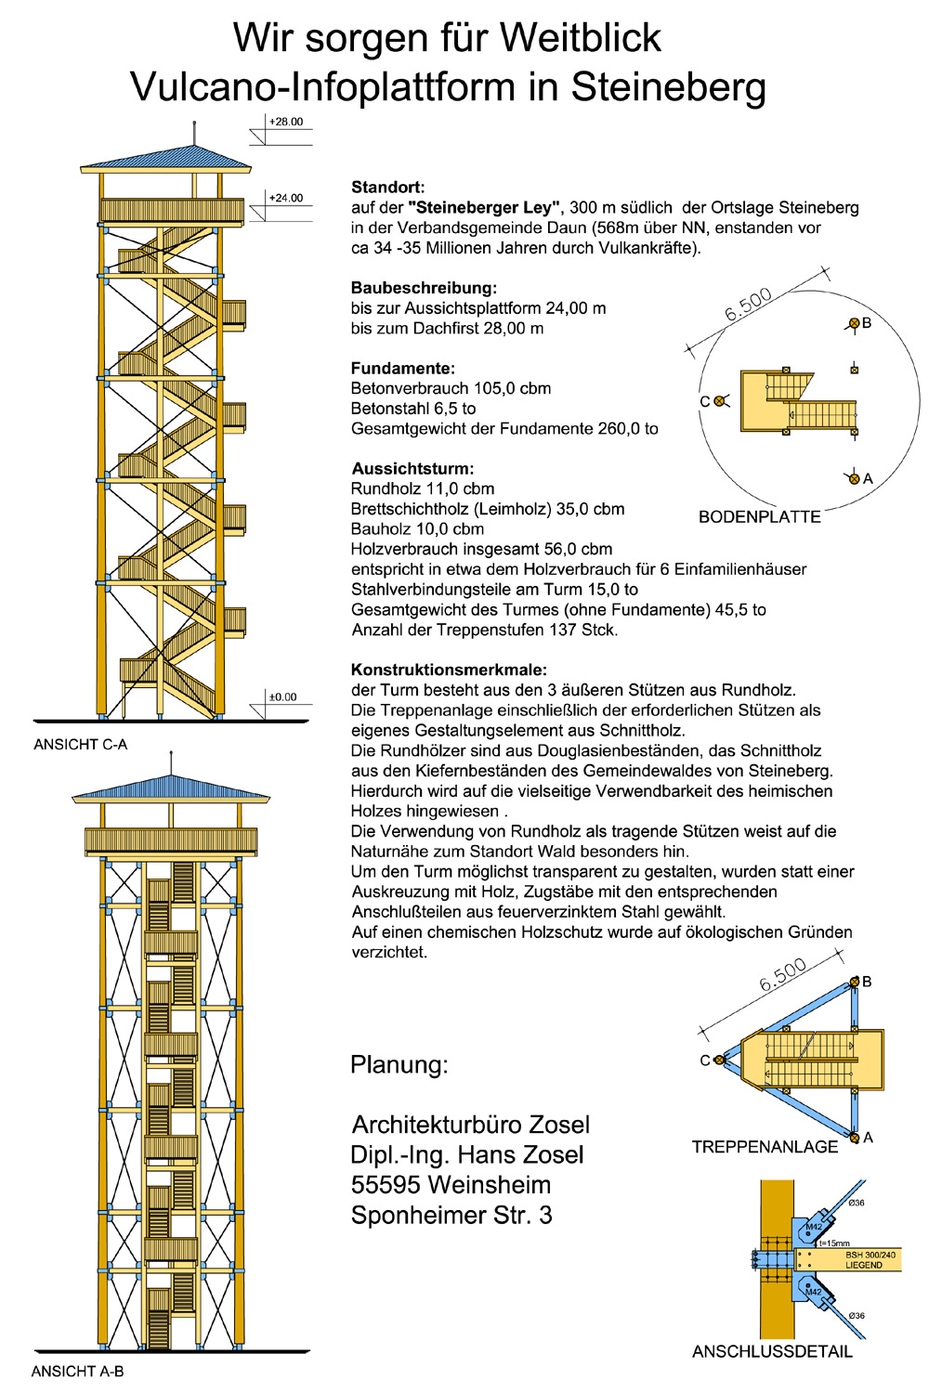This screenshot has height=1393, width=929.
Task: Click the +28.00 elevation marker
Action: click(285, 122)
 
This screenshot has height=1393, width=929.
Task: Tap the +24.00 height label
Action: click(285, 198)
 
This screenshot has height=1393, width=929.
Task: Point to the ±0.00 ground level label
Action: click(282, 696)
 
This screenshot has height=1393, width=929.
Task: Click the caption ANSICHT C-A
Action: click(80, 744)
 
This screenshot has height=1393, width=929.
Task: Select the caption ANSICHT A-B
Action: click(77, 1371)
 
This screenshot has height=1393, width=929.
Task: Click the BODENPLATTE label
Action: click(759, 517)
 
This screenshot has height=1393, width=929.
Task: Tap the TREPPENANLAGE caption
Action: click(765, 1147)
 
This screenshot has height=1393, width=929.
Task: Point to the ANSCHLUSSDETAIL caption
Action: click(772, 1351)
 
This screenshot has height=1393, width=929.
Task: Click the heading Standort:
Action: click(387, 188)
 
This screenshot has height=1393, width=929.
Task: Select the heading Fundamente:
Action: click(402, 369)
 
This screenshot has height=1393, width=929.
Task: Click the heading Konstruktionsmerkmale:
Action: click(449, 670)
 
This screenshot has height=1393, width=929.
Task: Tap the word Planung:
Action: click(399, 1064)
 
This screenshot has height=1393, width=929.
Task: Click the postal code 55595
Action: click(385, 1185)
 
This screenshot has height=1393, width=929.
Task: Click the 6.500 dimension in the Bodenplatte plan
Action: click(748, 305)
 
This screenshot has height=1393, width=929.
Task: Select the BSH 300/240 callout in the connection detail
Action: click(870, 1255)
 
